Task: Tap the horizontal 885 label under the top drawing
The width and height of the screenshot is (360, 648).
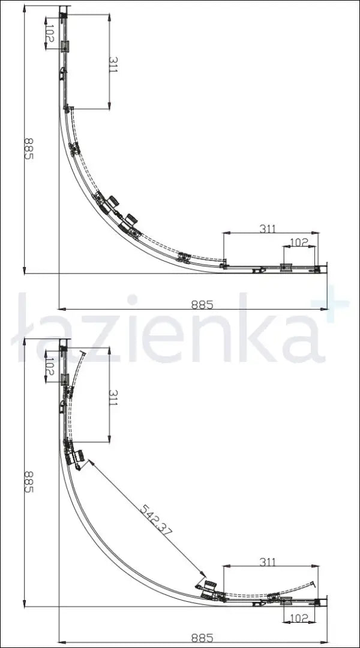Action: tap(202, 304)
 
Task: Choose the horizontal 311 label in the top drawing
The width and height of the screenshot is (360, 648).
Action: tap(268, 229)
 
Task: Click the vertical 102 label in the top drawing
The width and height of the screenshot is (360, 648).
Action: tap(49, 32)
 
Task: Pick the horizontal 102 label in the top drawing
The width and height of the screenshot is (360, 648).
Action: tap(299, 242)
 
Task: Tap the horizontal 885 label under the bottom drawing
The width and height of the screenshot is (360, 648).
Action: tap(202, 638)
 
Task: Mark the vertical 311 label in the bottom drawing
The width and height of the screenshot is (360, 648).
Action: tap(113, 397)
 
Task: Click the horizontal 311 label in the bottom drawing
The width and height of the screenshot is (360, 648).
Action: tap(268, 562)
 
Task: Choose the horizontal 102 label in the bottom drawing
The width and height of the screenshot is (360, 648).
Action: tap(299, 617)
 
